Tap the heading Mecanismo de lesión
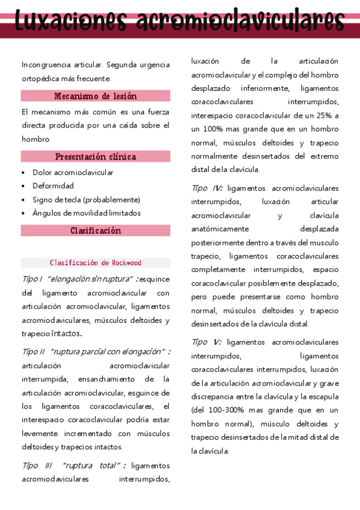pos(96,96)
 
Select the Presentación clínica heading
pos(96,157)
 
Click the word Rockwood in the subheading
pos(126,263)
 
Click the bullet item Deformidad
pos(53,186)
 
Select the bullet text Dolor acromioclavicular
pos(73,173)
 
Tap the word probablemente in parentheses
pos(113,200)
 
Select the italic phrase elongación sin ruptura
pos(90,280)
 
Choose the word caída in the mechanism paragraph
pos(131,125)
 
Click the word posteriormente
pos(219,242)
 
